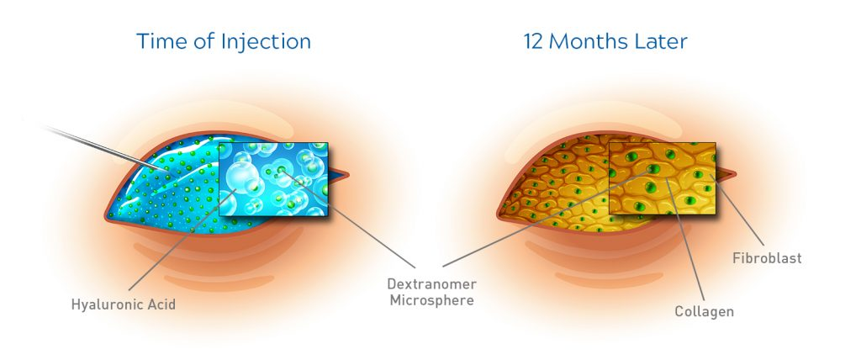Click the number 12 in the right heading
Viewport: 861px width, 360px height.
tap(533, 42)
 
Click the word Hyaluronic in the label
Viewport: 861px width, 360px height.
tap(106, 304)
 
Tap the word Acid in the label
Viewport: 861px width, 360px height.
tap(161, 304)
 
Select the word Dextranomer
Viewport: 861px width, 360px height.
tap(431, 284)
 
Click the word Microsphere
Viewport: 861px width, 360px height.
tap(431, 300)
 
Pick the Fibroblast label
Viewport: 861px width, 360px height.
tap(767, 257)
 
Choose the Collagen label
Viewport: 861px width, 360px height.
tap(704, 311)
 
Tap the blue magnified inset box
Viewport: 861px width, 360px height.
tap(273, 179)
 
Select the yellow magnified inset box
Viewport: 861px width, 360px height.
tap(663, 178)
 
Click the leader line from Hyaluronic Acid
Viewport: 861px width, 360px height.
tap(182, 240)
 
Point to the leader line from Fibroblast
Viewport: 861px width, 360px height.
tap(737, 210)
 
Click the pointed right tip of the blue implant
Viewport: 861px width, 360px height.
tap(347, 175)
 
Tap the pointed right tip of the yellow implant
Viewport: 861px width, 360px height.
tap(735, 174)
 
